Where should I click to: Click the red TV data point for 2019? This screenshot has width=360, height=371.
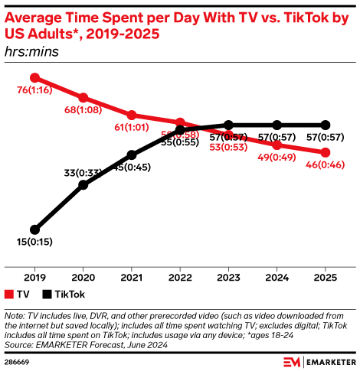(34, 77)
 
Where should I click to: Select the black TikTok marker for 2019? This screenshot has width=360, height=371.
(34, 229)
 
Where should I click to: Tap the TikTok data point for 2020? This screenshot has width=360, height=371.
(83, 184)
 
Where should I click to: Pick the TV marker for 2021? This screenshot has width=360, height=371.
(131, 115)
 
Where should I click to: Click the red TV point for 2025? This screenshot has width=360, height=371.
(326, 152)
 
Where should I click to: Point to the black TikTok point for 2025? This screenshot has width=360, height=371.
(326, 125)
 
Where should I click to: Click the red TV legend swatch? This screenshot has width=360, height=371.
(9, 294)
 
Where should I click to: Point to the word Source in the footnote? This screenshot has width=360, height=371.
(19, 344)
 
